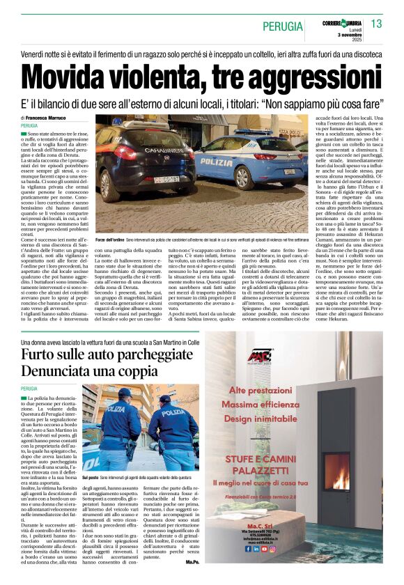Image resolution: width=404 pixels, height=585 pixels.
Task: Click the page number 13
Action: pos(376,24)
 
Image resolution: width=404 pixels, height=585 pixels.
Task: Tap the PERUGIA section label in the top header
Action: pos(282,26)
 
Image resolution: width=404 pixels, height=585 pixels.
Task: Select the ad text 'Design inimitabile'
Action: pos(265,419)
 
